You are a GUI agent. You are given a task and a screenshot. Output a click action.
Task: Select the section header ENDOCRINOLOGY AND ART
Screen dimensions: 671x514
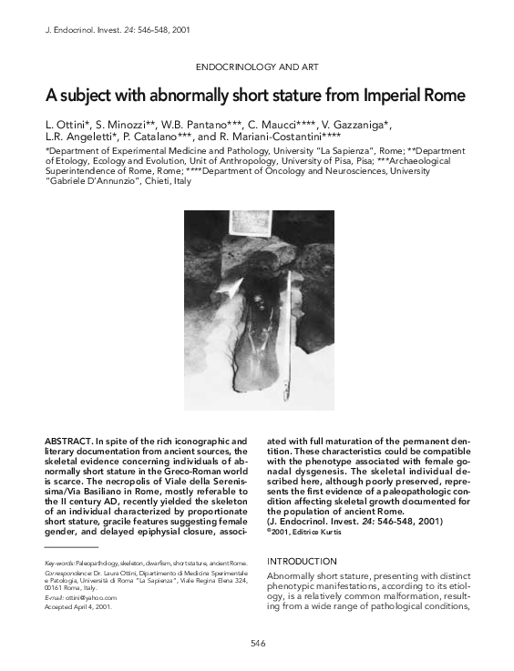pyautogui.click(x=257, y=67)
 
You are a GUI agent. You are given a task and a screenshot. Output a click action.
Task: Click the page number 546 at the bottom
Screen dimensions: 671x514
pyautogui.click(x=258, y=644)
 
